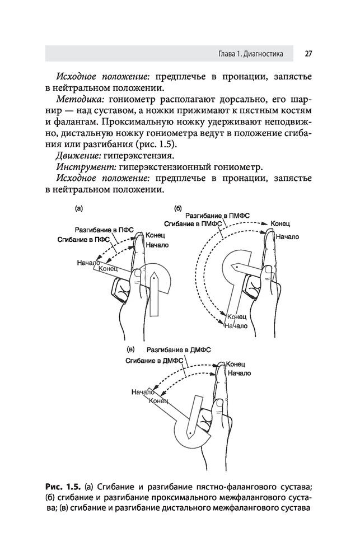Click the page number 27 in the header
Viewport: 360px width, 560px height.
pyautogui.click(x=308, y=54)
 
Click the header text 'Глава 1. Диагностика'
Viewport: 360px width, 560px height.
pyautogui.click(x=250, y=54)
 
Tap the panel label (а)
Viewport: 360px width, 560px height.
pyautogui.click(x=79, y=209)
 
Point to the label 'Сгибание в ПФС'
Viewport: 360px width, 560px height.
pyautogui.click(x=83, y=239)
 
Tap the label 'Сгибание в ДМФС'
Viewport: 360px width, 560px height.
pyautogui.click(x=151, y=361)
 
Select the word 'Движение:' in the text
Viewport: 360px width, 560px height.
pyautogui.click(x=75, y=154)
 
